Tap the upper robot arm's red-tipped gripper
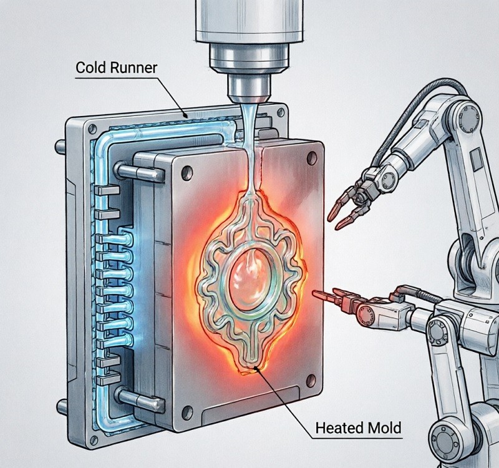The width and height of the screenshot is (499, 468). coord(342,209)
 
